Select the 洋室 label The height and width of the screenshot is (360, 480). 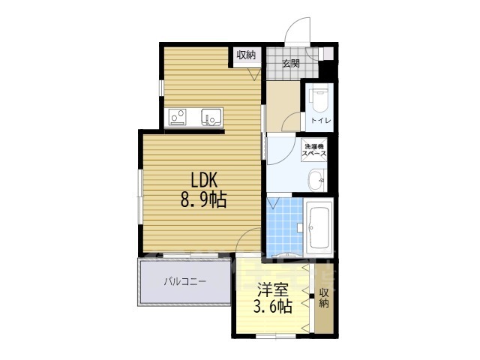click(x=271, y=288)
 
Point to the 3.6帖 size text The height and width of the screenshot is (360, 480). click(x=271, y=307)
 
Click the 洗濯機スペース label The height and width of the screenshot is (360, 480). click(x=313, y=149)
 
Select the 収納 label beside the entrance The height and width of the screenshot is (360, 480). click(x=246, y=55)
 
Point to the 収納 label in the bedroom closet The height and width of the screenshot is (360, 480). click(x=324, y=297)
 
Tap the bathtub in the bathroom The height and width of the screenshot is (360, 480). click(x=320, y=225)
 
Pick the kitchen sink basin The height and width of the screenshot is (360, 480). click(x=210, y=117)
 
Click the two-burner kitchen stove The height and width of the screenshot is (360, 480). click(x=178, y=117)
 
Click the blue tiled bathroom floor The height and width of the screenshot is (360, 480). click(x=284, y=225)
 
